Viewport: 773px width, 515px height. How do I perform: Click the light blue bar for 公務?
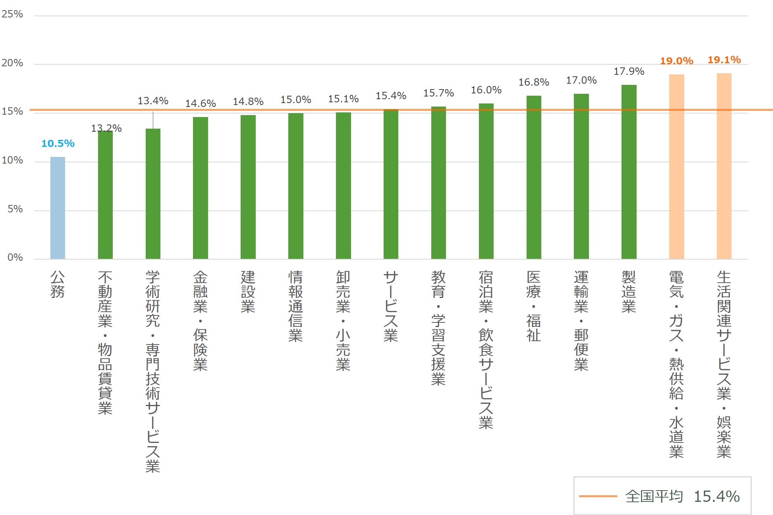click(58, 208)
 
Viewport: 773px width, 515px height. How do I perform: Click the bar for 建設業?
click(248, 187)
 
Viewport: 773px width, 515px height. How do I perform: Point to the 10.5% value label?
click(58, 144)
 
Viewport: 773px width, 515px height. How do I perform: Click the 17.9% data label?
click(629, 72)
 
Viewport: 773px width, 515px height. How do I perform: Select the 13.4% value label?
click(153, 101)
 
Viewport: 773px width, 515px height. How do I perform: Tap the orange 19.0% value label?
click(677, 61)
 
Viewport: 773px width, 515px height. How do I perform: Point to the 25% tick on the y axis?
click(12, 14)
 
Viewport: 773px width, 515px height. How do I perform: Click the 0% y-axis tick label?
click(15, 258)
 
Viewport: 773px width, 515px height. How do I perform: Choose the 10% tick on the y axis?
click(12, 160)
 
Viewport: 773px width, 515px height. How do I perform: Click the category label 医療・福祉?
click(534, 306)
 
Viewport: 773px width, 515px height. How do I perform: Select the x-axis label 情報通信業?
click(296, 306)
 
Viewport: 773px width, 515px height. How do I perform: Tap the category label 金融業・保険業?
click(200, 321)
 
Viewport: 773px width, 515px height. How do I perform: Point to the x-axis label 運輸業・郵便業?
click(581, 321)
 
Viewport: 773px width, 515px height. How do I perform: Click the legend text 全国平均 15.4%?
click(682, 496)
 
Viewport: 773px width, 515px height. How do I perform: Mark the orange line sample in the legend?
click(598, 496)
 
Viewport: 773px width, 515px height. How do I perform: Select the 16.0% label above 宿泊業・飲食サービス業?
click(486, 90)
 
